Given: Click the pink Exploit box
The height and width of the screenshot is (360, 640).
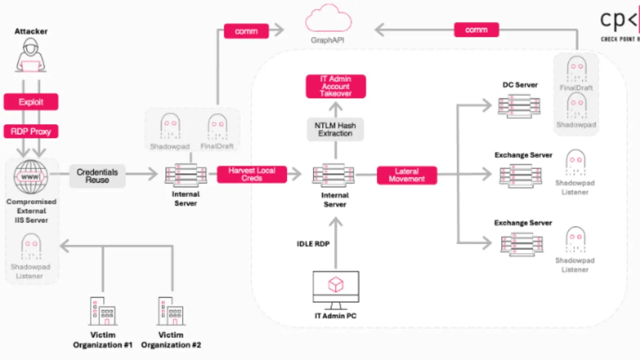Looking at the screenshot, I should pyautogui.click(x=31, y=102).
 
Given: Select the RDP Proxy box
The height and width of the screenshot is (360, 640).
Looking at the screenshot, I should pyautogui.click(x=31, y=132).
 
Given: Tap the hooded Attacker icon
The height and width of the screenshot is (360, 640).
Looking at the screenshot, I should pyautogui.click(x=31, y=56).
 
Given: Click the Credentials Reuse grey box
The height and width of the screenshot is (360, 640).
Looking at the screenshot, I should pyautogui.click(x=97, y=176).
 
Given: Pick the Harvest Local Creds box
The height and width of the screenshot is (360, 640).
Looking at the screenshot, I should pyautogui.click(x=252, y=174).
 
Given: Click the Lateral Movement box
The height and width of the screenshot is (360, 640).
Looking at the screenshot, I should pyautogui.click(x=406, y=175).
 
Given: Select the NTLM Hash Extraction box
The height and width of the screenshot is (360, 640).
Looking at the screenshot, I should pyautogui.click(x=335, y=129).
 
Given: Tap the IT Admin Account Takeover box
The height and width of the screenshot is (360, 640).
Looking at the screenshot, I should pyautogui.click(x=336, y=86).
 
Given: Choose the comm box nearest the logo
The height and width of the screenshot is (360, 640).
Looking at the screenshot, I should pyautogui.click(x=476, y=30).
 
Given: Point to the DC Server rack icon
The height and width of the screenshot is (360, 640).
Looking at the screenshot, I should pyautogui.click(x=519, y=106).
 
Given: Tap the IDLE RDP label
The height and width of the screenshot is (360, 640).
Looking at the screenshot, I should pyautogui.click(x=313, y=244).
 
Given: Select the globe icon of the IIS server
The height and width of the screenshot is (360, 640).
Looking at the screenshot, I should pyautogui.click(x=31, y=177).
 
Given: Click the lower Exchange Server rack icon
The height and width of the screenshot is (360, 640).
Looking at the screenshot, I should pyautogui.click(x=522, y=244).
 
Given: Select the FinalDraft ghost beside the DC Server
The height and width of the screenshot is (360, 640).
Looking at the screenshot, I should pyautogui.click(x=576, y=68).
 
